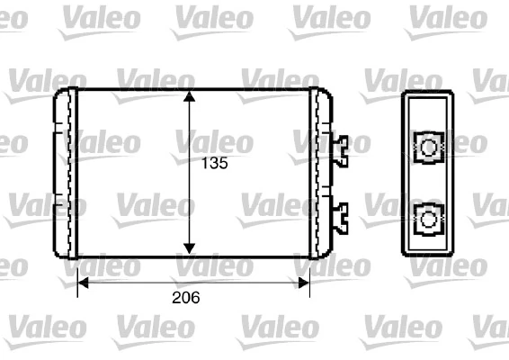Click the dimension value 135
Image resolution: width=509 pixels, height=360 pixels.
(212, 164)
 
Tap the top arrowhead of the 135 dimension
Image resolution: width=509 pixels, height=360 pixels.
(189, 96)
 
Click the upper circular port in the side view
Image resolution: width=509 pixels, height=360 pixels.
(430, 146)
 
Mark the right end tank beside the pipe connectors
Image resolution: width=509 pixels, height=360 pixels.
(320, 172)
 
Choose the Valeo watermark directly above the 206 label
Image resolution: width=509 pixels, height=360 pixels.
(214, 265)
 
